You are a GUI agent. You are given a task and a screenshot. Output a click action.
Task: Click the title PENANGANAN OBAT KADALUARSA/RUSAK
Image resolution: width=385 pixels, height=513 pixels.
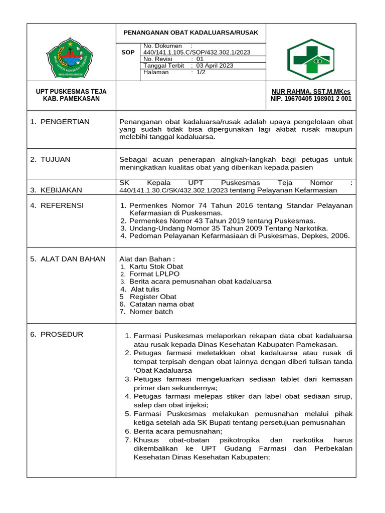190,33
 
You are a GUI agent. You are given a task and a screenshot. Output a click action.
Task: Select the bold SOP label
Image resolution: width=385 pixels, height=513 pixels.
128,52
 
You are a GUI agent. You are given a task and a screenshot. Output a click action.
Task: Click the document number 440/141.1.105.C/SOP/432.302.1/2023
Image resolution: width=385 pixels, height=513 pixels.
197,52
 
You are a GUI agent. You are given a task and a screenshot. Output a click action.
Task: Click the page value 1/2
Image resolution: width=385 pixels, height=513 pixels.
201,72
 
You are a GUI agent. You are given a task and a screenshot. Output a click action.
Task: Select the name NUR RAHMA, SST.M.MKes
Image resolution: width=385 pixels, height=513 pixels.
311,92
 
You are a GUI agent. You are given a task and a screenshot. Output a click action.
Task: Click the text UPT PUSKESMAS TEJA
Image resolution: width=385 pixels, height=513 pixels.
71,92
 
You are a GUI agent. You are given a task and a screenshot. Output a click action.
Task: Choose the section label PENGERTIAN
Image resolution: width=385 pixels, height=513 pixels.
65,122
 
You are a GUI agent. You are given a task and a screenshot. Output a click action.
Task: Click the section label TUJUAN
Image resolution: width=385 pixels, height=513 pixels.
55,159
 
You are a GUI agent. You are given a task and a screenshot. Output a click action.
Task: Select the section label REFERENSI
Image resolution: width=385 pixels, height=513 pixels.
62,205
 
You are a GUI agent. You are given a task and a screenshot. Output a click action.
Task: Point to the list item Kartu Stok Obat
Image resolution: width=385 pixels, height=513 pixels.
156,267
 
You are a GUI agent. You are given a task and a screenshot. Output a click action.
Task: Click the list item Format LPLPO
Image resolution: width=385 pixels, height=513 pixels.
154,274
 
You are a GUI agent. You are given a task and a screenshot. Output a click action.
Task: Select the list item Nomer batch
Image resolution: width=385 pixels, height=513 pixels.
151,312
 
